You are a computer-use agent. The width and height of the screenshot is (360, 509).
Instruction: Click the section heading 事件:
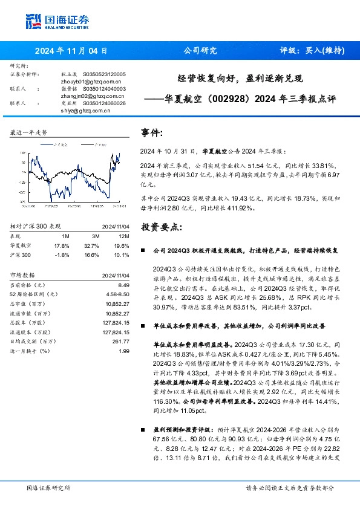[x=151, y=132]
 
